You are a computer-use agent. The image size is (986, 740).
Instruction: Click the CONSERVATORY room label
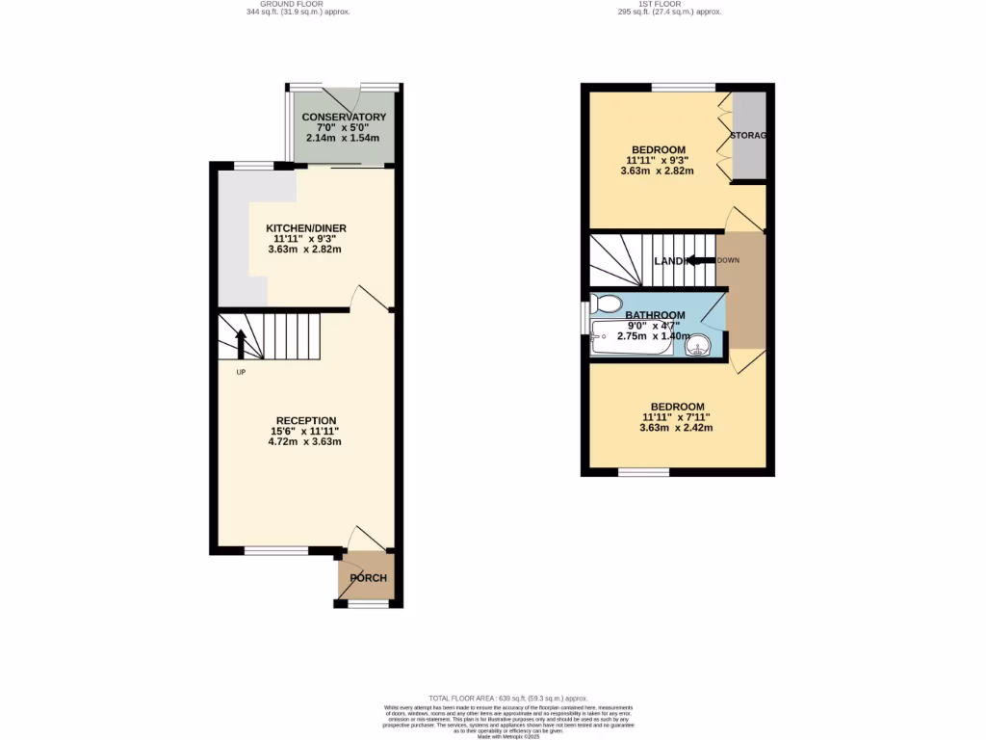[344, 117]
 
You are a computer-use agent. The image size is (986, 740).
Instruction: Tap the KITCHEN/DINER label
[305, 228]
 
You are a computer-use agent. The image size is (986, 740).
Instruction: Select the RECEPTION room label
[305, 420]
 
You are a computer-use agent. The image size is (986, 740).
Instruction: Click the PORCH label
[368, 578]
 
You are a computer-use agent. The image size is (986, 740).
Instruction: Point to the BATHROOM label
[655, 315]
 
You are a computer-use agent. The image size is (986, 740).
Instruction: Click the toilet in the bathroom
[608, 304]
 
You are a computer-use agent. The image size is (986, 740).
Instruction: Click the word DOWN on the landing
[728, 260]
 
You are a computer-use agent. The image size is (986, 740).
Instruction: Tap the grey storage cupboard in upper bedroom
[749, 136]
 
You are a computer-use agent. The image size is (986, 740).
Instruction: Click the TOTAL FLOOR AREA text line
[507, 698]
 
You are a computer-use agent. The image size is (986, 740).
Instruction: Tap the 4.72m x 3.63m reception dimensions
[305, 442]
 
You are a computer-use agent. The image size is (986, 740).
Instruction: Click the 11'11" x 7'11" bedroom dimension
[676, 417]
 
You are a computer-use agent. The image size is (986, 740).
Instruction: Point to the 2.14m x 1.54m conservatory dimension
[344, 138]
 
